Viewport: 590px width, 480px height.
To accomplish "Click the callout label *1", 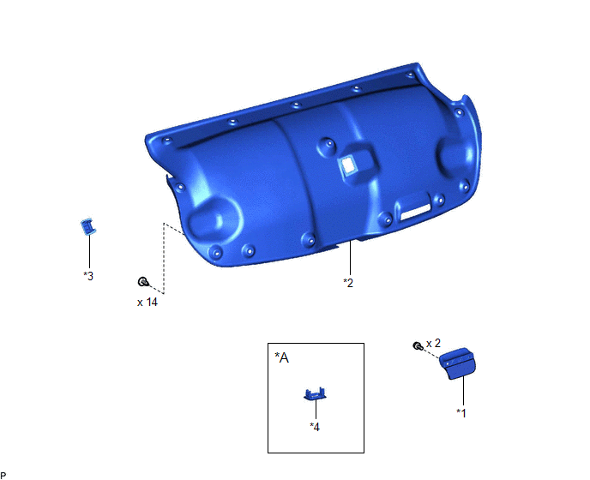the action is point(461,412).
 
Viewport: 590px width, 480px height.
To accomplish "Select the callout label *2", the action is point(348,283).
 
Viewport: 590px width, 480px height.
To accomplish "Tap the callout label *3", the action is point(88,276).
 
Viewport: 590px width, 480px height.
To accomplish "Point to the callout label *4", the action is point(315,427).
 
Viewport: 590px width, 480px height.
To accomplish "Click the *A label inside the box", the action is point(282,357).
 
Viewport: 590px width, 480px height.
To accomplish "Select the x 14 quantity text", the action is point(147,302).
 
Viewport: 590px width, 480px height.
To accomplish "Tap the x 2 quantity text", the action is point(433,343).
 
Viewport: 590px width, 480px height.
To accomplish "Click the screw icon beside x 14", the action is point(143,281).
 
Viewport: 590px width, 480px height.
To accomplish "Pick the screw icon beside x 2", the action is point(418,345).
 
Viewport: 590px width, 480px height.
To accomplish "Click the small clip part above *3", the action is point(88,226).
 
